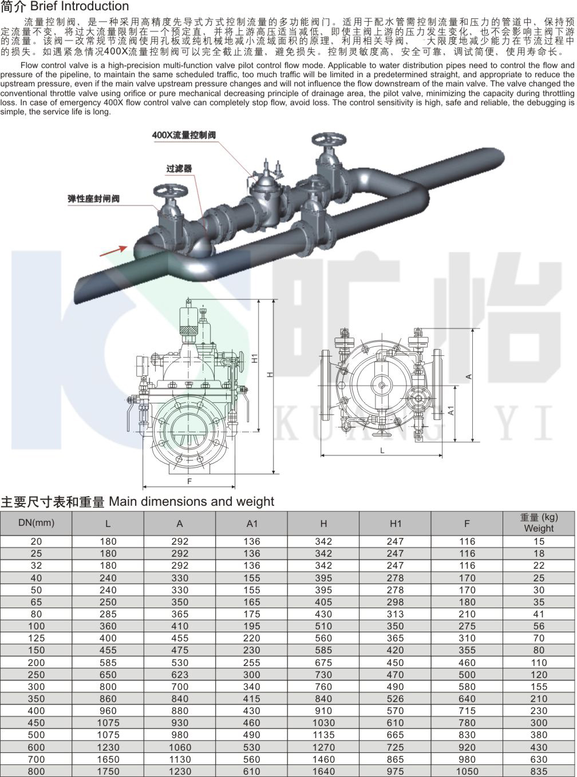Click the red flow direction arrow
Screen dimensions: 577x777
coord(113,251)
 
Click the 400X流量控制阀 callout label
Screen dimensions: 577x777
coord(184,135)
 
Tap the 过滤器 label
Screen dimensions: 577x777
coord(179,168)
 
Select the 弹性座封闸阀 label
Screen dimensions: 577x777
coord(94,199)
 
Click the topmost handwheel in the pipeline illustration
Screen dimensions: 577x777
coord(329,140)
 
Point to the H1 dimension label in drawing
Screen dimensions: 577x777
coord(255,358)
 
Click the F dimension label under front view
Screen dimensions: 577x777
coord(189,481)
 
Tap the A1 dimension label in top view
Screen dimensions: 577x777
coord(451,411)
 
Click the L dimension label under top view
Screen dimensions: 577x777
coord(382,451)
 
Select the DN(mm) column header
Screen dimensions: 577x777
coord(37,523)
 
